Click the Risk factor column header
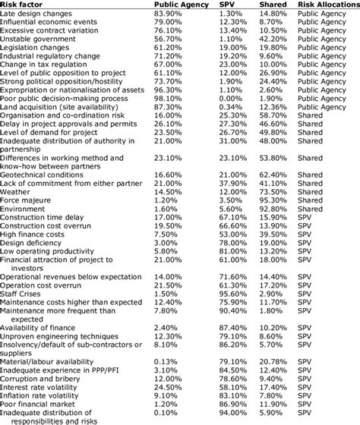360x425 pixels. point(24,5)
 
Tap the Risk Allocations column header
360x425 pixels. point(327,5)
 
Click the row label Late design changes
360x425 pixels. point(37,14)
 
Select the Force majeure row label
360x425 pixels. point(27,200)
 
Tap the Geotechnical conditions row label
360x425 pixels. point(46,173)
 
